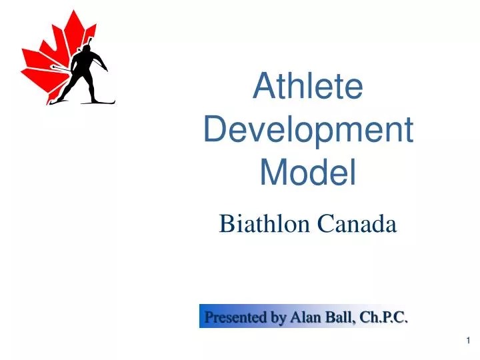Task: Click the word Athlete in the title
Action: [308, 87]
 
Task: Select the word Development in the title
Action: [308, 129]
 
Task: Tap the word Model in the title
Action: [308, 172]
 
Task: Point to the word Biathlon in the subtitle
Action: [265, 225]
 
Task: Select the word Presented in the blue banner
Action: [235, 317]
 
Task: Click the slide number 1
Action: [469, 341]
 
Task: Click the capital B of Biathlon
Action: [226, 225]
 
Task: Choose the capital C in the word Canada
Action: [325, 225]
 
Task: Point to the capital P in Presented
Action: [209, 317]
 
